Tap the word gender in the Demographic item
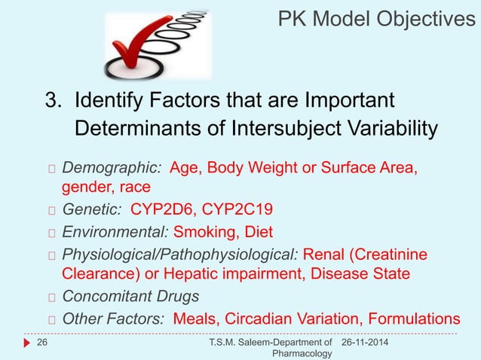(85, 186)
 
